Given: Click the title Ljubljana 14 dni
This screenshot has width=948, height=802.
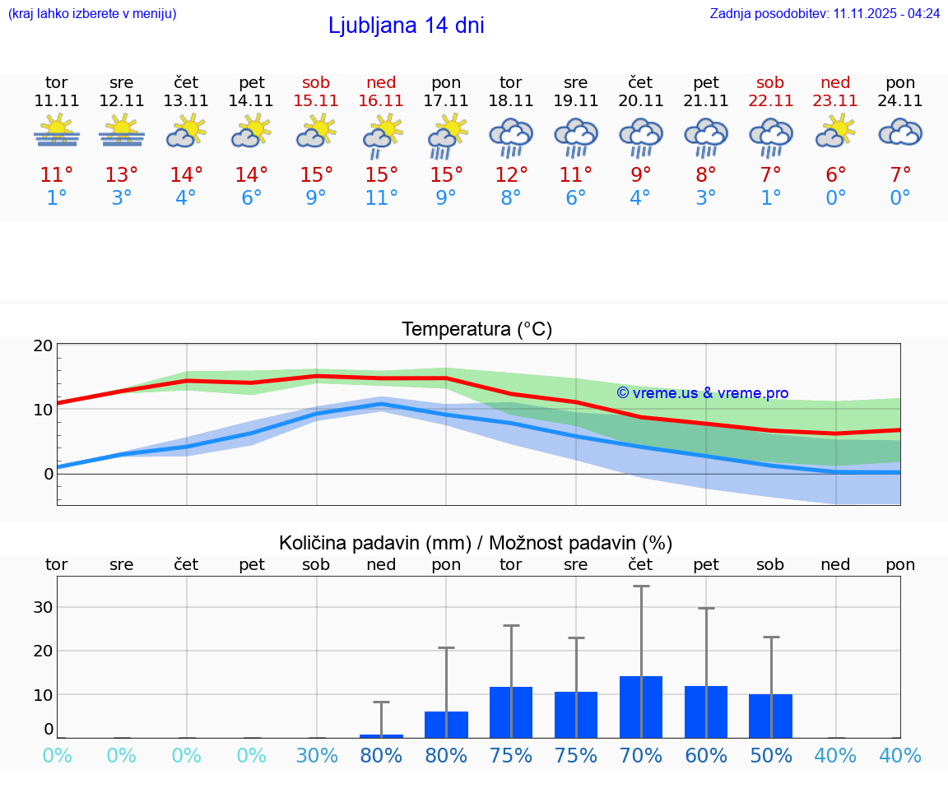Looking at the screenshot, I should click(x=406, y=25).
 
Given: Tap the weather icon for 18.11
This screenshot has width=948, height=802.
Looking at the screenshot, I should click(x=511, y=137).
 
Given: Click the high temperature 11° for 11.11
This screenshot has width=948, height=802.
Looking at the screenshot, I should click(x=57, y=175).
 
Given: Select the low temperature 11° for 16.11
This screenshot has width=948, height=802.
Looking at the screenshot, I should click(x=381, y=198).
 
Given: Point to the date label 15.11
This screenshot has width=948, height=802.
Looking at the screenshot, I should click(x=316, y=101).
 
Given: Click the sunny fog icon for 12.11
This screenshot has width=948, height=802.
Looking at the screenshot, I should click(x=122, y=132).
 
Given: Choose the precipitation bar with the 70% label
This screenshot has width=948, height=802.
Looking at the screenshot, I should click(x=641, y=707).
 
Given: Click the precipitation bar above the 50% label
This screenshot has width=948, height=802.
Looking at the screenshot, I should click(x=770, y=716).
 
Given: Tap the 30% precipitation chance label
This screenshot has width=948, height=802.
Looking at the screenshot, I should click(x=317, y=755).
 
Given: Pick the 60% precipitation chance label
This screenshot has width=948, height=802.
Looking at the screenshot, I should click(x=706, y=755).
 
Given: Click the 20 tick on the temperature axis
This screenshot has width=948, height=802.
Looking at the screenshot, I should click(x=43, y=345).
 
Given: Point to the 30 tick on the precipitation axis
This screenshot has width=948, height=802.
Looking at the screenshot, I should click(x=43, y=607).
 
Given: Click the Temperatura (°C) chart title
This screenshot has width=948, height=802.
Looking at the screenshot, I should click(x=476, y=330).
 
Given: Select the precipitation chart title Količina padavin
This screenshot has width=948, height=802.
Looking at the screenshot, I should click(x=476, y=543).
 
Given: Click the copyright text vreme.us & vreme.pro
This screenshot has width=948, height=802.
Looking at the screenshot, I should click(x=703, y=393).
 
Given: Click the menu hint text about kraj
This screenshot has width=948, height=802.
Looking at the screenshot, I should click(x=92, y=14).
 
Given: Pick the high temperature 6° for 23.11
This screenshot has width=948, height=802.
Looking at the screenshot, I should click(x=835, y=175).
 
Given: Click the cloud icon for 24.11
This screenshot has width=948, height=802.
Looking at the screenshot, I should click(x=900, y=132).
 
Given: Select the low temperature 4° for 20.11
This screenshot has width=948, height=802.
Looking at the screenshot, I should click(x=640, y=198).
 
